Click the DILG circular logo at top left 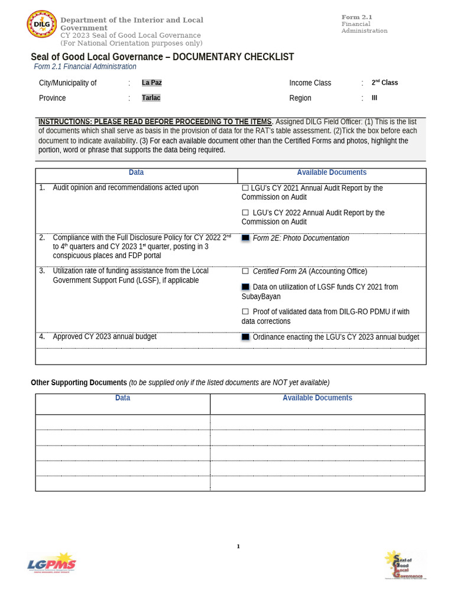(42, 24)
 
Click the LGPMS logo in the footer (52, 563)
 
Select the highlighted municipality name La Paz (151, 83)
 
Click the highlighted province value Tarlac (151, 98)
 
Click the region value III (374, 98)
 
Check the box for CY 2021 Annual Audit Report (245, 188)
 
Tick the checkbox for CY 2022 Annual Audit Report (245, 213)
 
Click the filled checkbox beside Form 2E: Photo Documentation (245, 238)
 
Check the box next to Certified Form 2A (245, 271)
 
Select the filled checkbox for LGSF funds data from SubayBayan (245, 287)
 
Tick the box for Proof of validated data (245, 312)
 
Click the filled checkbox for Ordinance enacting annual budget (245, 337)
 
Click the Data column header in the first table (136, 173)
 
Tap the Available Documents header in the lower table (317, 398)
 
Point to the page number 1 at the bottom (238, 547)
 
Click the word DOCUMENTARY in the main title (207, 57)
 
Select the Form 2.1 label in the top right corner (356, 17)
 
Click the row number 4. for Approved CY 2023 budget (42, 337)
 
